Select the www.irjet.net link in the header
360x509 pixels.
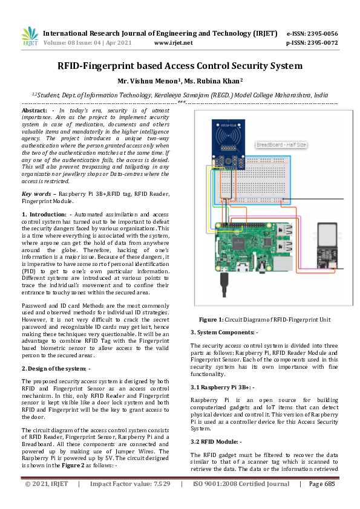click(174, 43)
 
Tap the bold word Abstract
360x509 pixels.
click(34, 111)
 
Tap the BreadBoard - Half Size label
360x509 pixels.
click(281, 145)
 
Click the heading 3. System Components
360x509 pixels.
click(224, 332)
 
